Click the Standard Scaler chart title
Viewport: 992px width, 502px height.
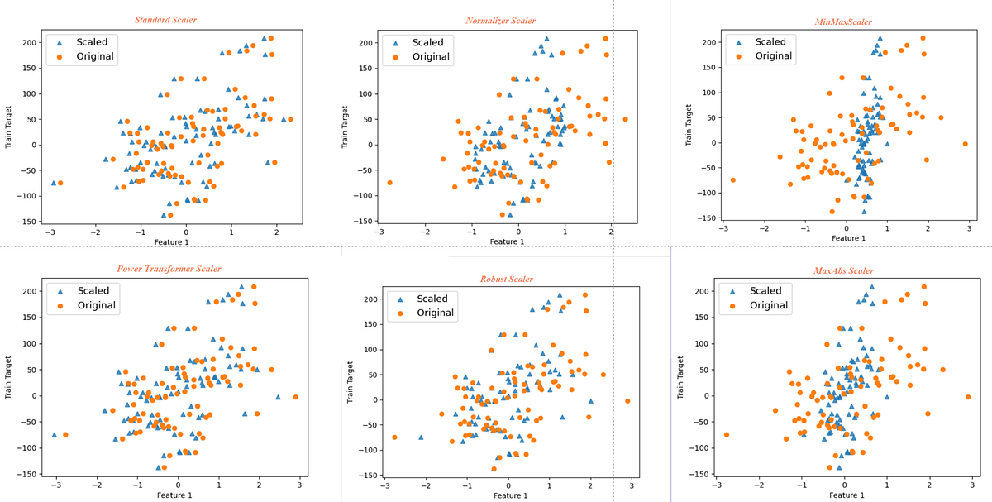[x=165, y=19]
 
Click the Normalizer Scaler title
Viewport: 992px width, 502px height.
[x=500, y=21]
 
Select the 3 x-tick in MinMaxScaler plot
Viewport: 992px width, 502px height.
[x=969, y=227]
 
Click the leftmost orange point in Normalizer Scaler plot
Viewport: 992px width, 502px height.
[x=389, y=183]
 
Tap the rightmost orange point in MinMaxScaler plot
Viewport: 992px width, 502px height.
[x=965, y=144]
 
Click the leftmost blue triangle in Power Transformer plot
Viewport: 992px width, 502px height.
[x=55, y=434]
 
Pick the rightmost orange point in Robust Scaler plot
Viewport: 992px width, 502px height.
[x=627, y=401]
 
